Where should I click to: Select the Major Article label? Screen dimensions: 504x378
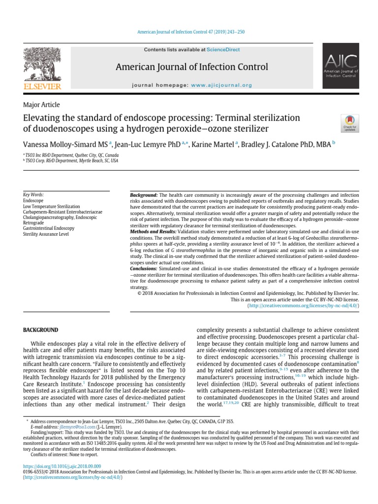[x=41, y=105]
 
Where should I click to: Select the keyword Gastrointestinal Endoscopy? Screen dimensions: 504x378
[x=49, y=228]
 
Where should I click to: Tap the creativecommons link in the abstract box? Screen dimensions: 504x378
[x=303, y=306]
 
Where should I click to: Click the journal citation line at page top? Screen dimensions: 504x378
[x=189, y=32]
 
